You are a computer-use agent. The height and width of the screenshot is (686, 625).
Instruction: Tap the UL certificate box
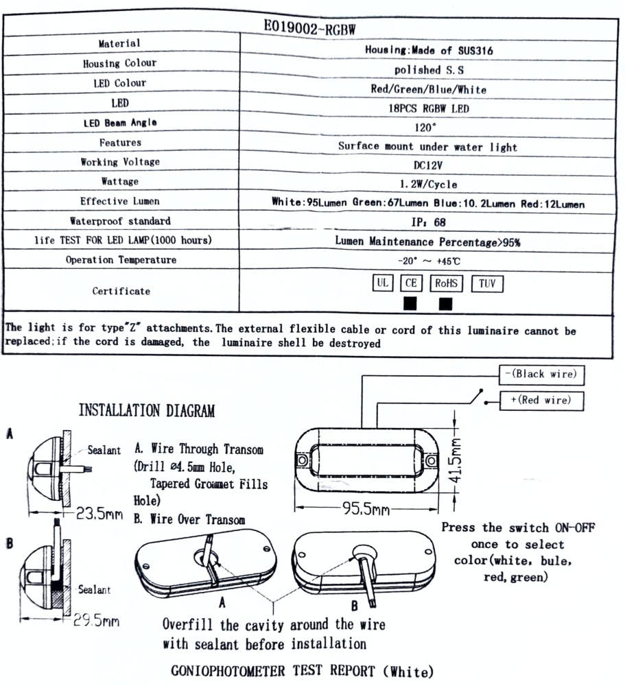(x=383, y=283)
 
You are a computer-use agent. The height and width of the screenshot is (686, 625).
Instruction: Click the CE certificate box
(x=411, y=283)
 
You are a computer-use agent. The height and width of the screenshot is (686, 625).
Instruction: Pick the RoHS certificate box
(x=447, y=283)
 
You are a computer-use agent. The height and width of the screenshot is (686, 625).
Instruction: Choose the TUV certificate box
(x=487, y=283)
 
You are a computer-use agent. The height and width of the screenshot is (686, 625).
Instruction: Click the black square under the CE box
(x=411, y=303)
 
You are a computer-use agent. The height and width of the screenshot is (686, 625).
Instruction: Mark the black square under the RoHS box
(x=446, y=303)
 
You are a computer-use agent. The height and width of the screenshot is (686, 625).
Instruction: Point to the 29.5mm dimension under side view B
(x=97, y=621)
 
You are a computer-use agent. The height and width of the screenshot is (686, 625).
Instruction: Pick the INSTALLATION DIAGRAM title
(x=147, y=411)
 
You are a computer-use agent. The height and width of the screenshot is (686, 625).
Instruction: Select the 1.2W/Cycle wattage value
(x=427, y=185)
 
